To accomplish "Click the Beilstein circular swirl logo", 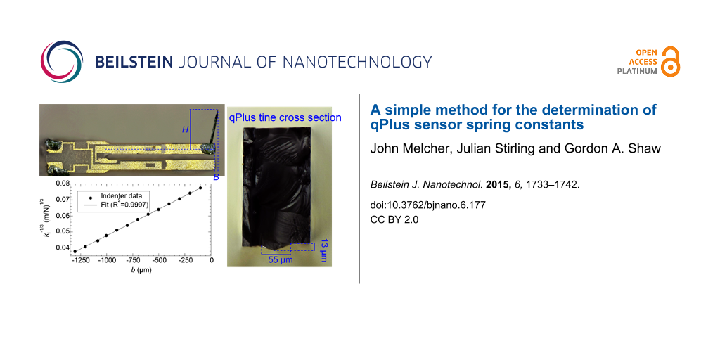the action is pos(62,62).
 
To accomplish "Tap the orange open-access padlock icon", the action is pos(671,61).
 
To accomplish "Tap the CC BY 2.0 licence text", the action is pos(394,219).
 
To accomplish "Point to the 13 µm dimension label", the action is pos(324,251).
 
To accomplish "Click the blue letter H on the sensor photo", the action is pos(186,130).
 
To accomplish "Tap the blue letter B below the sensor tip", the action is pos(217,177).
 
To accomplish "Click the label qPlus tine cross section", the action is pos(285,117).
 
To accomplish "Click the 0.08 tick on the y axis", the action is pos(64,184).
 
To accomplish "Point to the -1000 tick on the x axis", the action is pos(107,260).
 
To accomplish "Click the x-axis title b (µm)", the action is pos(141,270).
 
